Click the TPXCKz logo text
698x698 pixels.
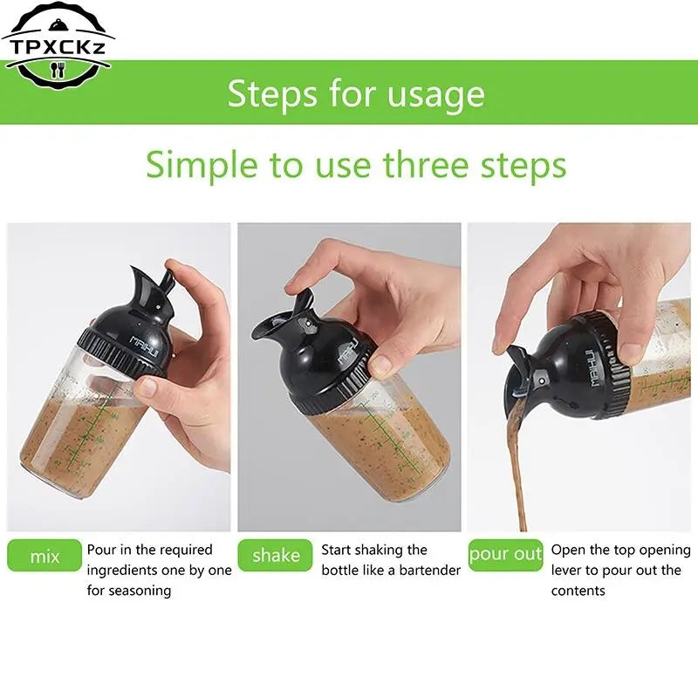[58, 47]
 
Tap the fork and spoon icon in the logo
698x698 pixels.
[58, 71]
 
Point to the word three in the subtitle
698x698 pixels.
[427, 164]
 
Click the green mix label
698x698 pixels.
[44, 556]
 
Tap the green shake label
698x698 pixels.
[276, 555]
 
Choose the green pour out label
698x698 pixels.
[506, 555]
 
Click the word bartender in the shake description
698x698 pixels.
[430, 571]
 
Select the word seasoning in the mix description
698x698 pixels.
[140, 592]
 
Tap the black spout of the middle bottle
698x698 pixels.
[271, 324]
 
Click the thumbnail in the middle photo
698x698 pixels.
[380, 366]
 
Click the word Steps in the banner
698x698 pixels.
[273, 94]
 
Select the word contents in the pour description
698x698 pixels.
[578, 591]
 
